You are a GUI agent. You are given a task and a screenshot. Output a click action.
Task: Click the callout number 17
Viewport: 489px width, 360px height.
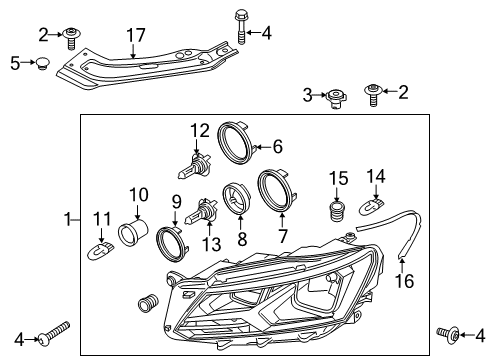tap(136, 35)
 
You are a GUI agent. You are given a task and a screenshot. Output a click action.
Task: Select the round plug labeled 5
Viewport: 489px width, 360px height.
tap(43, 63)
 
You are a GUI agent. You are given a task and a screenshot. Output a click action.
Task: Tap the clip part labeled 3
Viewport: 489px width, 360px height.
tap(336, 98)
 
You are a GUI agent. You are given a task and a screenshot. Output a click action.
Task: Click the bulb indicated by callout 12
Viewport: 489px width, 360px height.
tap(194, 166)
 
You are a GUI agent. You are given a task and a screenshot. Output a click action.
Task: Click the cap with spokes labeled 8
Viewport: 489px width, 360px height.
tap(236, 198)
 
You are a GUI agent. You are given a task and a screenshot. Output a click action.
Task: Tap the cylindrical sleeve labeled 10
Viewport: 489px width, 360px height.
tap(134, 232)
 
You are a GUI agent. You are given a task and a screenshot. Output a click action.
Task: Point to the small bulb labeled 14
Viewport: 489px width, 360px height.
tap(372, 206)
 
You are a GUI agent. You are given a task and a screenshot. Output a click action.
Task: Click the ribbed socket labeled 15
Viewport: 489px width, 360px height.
tap(337, 210)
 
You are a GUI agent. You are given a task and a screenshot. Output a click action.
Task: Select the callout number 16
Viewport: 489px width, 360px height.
tap(404, 281)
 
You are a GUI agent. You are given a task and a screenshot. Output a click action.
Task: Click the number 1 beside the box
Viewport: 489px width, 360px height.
tap(68, 220)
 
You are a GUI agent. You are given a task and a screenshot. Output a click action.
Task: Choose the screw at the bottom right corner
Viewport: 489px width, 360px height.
tap(448, 333)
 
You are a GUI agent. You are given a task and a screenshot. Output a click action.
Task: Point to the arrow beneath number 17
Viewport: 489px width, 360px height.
tap(133, 51)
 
